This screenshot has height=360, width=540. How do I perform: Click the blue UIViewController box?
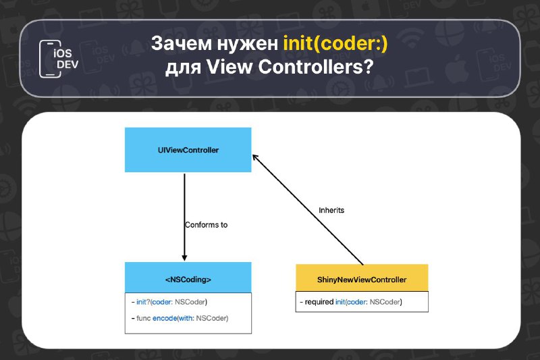188,150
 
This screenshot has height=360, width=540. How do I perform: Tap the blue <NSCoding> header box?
188,278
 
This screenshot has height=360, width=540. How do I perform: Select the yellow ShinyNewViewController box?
362,278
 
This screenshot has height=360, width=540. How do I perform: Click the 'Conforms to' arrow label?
207,225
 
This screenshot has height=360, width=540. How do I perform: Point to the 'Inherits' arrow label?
331,210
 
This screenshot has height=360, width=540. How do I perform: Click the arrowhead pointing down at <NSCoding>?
184,258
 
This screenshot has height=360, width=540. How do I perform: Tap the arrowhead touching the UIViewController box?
256,158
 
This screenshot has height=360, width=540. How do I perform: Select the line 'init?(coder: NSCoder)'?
169,302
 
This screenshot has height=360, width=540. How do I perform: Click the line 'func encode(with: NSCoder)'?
180,318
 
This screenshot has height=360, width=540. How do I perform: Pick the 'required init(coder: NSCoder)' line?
351,302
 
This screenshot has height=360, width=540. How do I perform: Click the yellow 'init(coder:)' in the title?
335,43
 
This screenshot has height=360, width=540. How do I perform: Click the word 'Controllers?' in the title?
316,66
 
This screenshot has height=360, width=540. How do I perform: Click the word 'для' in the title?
183,68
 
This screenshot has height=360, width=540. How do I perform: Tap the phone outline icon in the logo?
50,59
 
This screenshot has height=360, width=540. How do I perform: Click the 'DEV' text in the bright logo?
67,64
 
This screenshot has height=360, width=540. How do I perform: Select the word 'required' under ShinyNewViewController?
319,303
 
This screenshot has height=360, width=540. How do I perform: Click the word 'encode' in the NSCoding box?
165,318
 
